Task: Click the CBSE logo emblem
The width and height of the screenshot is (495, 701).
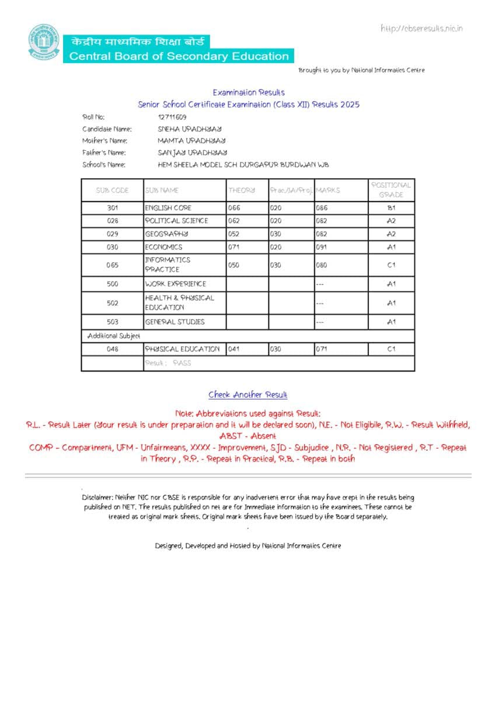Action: click(44, 42)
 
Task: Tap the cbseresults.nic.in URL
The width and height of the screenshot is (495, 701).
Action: click(421, 28)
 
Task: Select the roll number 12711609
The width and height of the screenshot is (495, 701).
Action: click(172, 117)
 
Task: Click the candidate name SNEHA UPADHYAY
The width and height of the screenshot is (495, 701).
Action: click(190, 129)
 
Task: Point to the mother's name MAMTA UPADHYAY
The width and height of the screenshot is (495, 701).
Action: click(191, 141)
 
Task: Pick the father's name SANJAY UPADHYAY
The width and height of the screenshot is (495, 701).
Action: click(192, 152)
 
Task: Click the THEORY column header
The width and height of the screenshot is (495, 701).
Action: click(242, 190)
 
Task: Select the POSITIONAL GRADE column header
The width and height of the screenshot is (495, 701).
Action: click(391, 190)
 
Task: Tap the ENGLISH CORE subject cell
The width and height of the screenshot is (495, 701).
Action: click(168, 208)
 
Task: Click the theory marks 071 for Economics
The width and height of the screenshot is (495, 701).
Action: click(234, 247)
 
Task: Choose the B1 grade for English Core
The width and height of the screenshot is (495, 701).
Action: click(391, 208)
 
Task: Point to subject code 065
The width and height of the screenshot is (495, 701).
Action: click(113, 265)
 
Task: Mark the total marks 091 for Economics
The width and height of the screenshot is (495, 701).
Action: click(322, 247)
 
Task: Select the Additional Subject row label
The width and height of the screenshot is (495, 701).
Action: click(113, 336)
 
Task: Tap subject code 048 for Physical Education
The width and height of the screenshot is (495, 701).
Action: click(113, 349)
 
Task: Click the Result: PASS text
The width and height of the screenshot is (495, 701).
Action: click(168, 363)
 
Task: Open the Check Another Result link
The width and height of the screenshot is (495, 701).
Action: click(248, 395)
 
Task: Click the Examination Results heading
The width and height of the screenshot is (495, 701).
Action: click(249, 92)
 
